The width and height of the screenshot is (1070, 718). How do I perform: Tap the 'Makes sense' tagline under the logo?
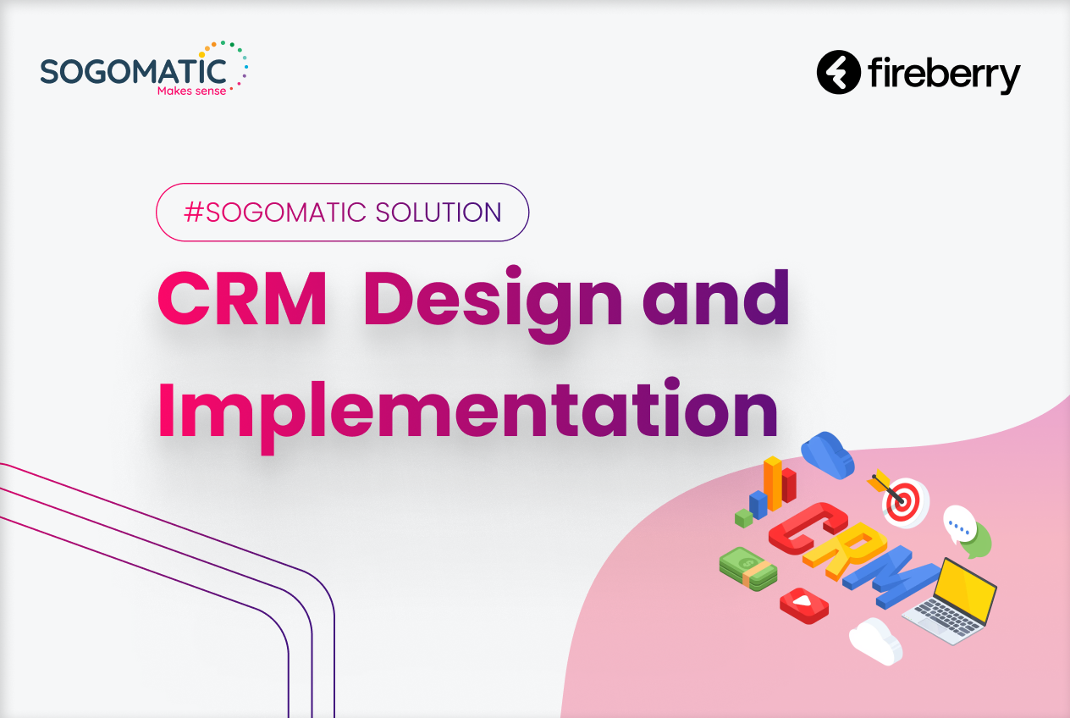click(x=192, y=91)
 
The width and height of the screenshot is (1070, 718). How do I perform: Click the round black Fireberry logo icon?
click(x=838, y=73)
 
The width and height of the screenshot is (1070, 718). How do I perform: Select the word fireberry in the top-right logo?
click(x=944, y=75)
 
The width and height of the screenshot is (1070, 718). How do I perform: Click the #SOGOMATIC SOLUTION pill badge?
click(x=342, y=213)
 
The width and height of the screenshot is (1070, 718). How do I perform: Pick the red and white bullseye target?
click(x=902, y=501)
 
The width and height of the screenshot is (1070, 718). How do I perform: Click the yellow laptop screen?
click(x=967, y=589)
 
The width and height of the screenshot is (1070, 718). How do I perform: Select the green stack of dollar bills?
click(x=748, y=568)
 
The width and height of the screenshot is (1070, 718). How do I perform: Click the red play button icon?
click(x=803, y=605)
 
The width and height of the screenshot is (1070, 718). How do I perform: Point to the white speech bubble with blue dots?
click(x=959, y=525)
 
